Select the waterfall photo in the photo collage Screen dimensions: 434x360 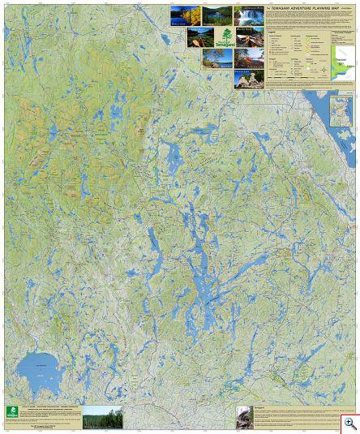249,15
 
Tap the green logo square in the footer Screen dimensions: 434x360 11,412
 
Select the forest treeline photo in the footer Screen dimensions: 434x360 102,416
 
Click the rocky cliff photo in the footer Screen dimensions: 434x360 243,418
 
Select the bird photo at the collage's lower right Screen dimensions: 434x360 249,79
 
